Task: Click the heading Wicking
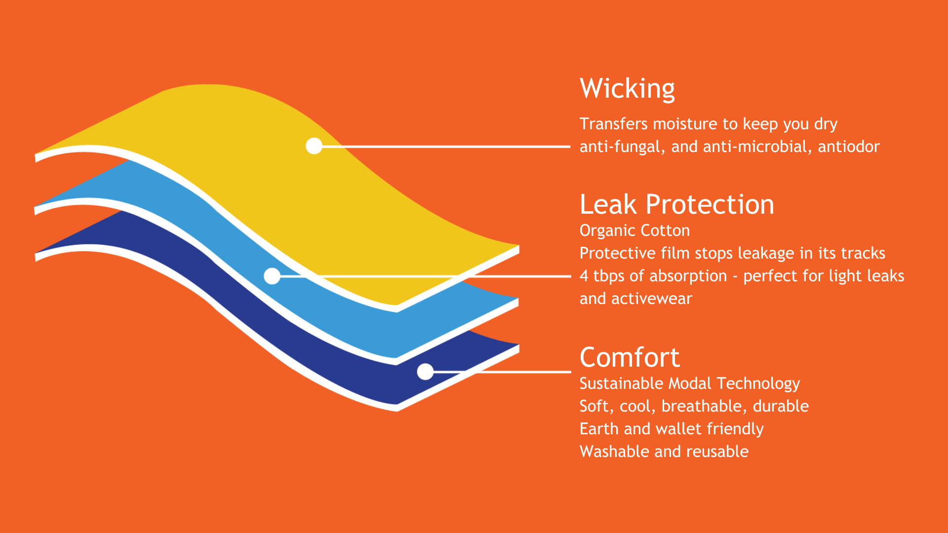tap(627, 89)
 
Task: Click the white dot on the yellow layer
tap(314, 146)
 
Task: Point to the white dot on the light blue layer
tap(272, 276)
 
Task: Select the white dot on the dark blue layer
tap(425, 372)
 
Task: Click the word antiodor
tap(849, 147)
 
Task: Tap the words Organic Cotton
tap(634, 230)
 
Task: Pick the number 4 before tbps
tap(584, 276)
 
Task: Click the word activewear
tap(652, 299)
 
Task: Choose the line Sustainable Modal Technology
tap(689, 383)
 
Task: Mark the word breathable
tap(704, 406)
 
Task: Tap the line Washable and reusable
tap(664, 452)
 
